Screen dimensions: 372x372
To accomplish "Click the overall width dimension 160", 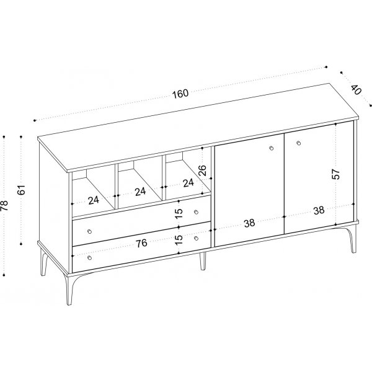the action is coord(180,93).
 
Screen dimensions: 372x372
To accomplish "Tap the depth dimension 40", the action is coord(356,89).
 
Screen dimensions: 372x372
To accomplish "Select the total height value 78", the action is coord(4,205).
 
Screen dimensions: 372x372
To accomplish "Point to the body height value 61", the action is coord(21,190).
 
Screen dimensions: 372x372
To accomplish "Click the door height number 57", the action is coord(336,174).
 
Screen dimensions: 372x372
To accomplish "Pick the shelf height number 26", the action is coord(202,170).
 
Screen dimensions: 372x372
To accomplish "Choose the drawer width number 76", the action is coord(141,244).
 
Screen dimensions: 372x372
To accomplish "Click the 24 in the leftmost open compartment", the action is coord(94,200).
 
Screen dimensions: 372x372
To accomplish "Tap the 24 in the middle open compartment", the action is coord(141,192).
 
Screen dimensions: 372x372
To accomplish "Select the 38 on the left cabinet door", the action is coord(250,223).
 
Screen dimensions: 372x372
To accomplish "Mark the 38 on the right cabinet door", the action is coord(319,210).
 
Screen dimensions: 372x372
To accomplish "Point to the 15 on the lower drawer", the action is coord(179,239).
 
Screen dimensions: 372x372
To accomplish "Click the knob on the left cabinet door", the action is coord(272,148).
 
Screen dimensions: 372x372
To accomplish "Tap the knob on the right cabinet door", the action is coord(299,143).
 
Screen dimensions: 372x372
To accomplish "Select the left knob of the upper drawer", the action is coord(89,231).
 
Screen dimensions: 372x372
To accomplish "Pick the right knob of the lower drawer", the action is coord(196,238).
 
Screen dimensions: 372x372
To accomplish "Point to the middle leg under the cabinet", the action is coord(202,261).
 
